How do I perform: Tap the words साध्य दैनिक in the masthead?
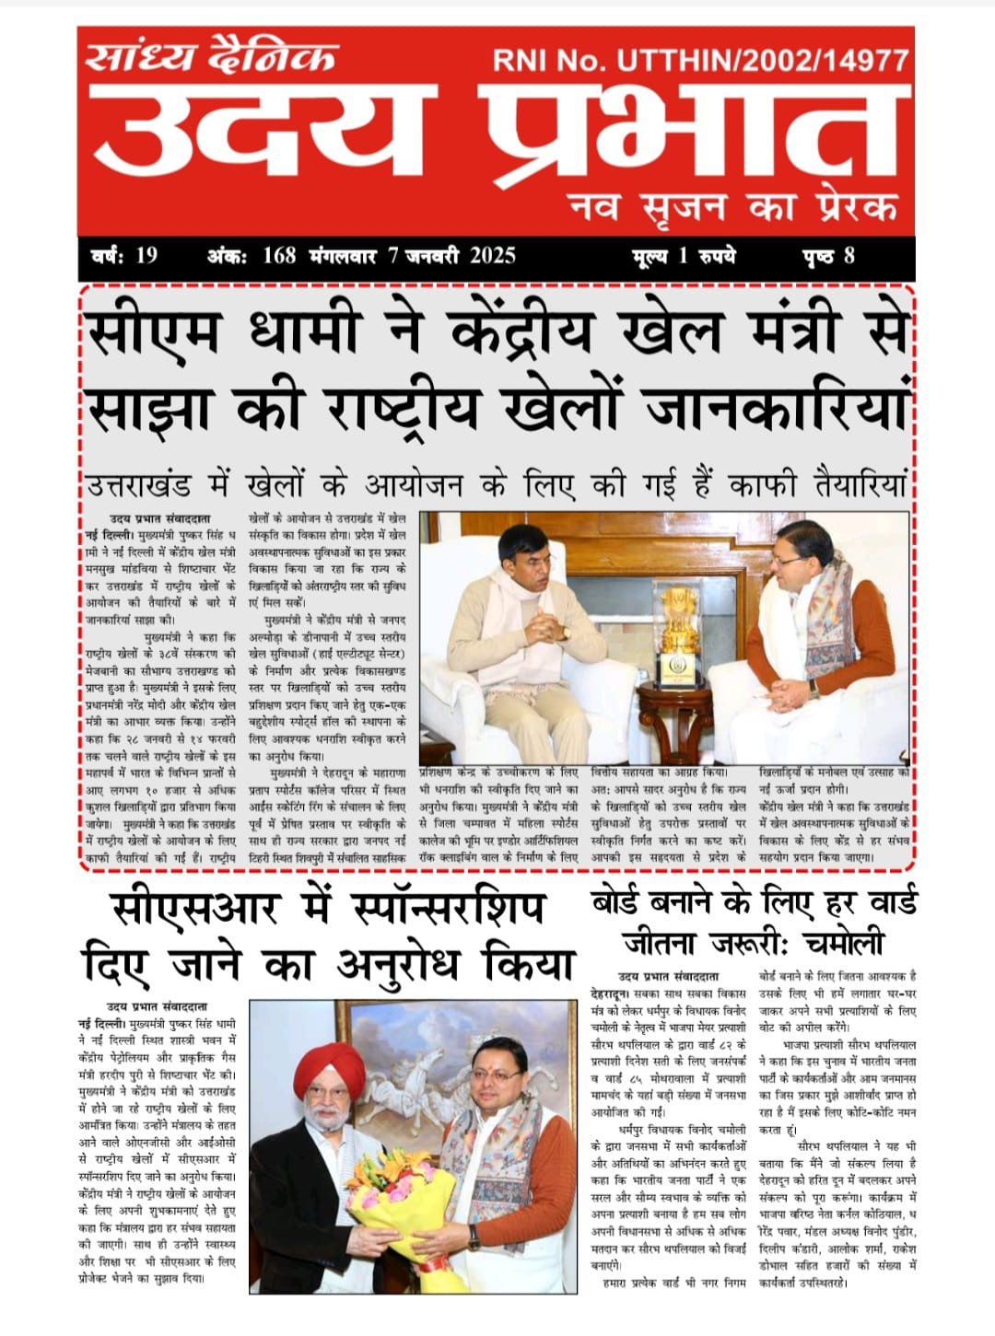click(211, 56)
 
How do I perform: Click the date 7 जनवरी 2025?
click(451, 256)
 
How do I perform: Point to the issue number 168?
click(278, 256)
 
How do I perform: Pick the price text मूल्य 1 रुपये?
click(684, 256)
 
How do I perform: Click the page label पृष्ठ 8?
click(828, 256)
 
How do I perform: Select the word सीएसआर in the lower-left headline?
click(193, 910)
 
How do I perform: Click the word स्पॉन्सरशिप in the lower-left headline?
click(449, 910)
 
